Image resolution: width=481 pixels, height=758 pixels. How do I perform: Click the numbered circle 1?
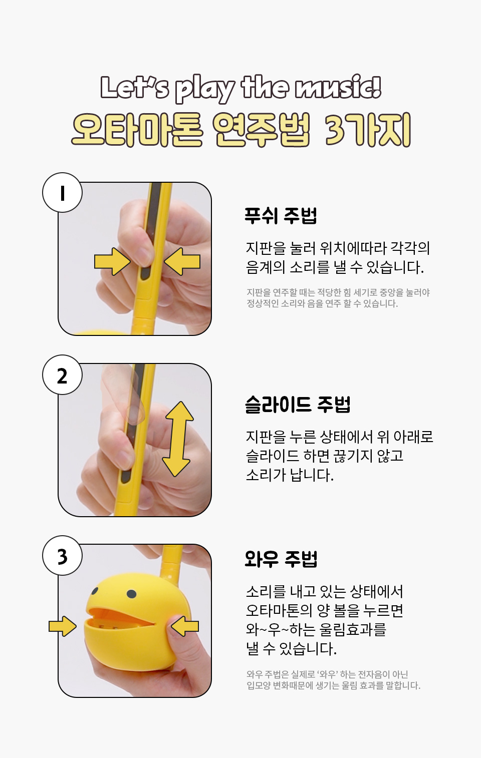pos(62,193)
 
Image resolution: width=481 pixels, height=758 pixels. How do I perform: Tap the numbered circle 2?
pos(62,374)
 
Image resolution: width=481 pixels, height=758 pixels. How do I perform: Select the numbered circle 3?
pos(62,555)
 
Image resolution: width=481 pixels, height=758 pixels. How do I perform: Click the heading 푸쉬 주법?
pos(281,215)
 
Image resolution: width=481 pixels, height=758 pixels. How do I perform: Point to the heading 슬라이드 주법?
pos(298,404)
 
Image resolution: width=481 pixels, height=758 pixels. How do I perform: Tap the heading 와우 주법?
pos(281,559)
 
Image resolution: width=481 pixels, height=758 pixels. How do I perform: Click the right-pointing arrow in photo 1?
pos(112,261)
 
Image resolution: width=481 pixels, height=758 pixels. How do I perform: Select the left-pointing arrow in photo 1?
pos(182,261)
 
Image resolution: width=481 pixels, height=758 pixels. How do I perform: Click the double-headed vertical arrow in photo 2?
pos(177,439)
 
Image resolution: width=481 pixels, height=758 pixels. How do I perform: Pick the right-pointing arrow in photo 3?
pos(62,626)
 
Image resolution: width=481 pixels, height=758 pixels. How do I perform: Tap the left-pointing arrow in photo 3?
pos(184,626)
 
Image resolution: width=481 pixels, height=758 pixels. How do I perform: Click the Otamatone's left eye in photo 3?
pos(95,591)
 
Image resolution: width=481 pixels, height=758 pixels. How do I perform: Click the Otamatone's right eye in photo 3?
pos(131,594)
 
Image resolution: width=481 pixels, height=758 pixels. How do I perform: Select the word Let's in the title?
pos(134,88)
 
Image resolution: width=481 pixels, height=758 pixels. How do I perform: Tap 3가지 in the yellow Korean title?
pos(368,130)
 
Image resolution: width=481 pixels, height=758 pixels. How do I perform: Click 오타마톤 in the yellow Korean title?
pos(137,130)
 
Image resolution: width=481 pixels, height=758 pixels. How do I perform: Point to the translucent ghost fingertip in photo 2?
pos(136,413)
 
